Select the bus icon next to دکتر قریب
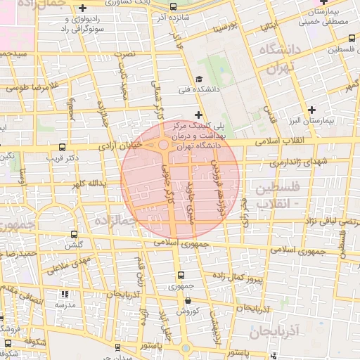(63, 148)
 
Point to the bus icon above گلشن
(74, 235)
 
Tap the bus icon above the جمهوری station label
(181, 276)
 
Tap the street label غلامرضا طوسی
(29, 88)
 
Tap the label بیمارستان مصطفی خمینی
(327, 18)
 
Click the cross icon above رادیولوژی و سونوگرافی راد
(83, 7)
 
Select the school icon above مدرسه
(65, 295)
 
